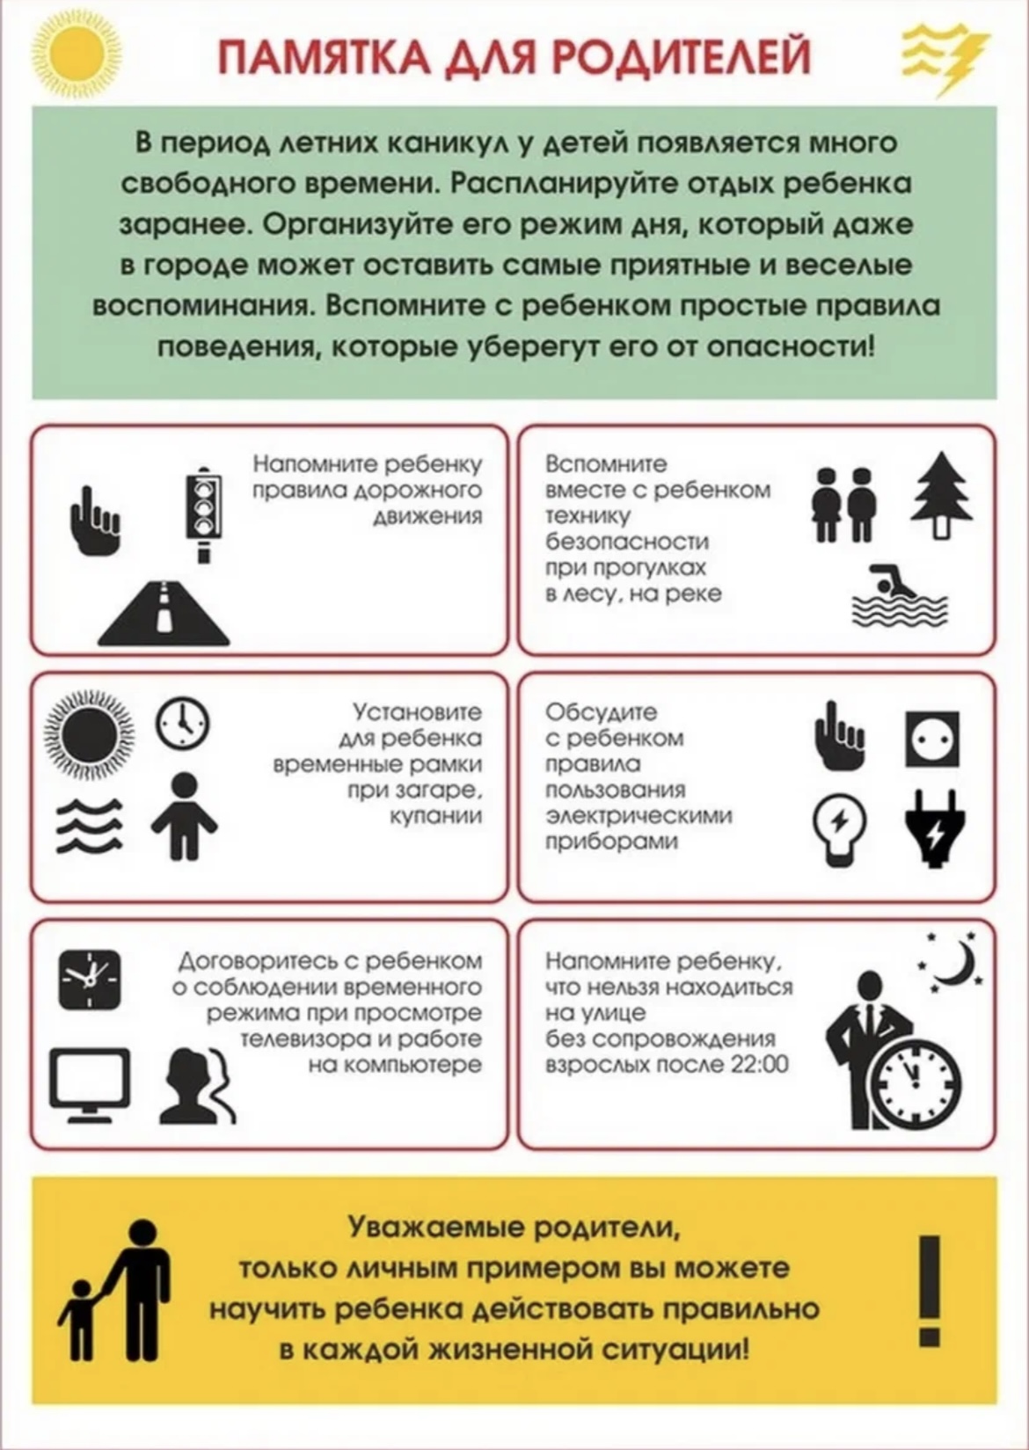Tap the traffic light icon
pos(203,514)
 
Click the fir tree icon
pos(942,495)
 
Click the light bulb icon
pos(839,828)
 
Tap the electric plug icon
pos(932,828)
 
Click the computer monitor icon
pos(90,1082)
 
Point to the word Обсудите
pos(602,711)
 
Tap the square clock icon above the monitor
pos(90,979)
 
